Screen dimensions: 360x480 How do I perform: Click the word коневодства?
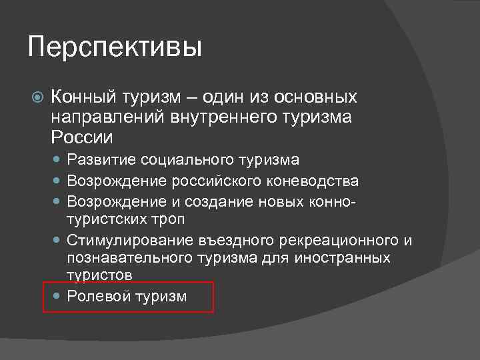(316, 181)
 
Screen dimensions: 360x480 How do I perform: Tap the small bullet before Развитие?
(56, 160)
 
